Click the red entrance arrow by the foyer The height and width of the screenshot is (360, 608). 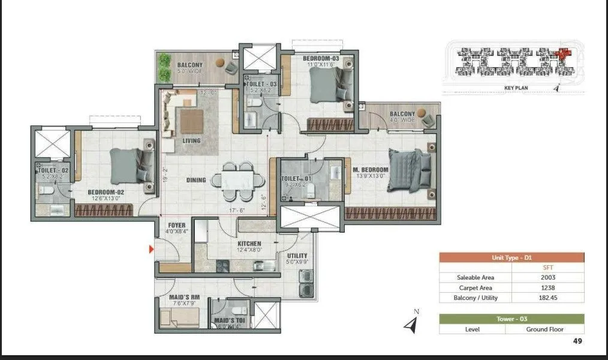coord(152,248)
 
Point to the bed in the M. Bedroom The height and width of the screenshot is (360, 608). coord(410,170)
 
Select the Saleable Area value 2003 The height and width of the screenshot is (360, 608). coord(547,277)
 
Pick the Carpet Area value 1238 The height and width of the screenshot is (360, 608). coord(547,287)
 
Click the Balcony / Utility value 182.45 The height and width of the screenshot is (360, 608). coord(547,298)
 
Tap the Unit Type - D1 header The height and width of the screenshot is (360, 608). coord(511,257)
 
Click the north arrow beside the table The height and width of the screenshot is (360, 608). coord(411,325)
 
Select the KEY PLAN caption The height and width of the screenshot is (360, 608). coord(516,88)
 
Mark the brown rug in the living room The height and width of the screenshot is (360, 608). coord(191,122)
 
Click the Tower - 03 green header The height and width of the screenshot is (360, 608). coord(511,319)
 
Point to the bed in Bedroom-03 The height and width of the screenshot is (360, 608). coord(332,86)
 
